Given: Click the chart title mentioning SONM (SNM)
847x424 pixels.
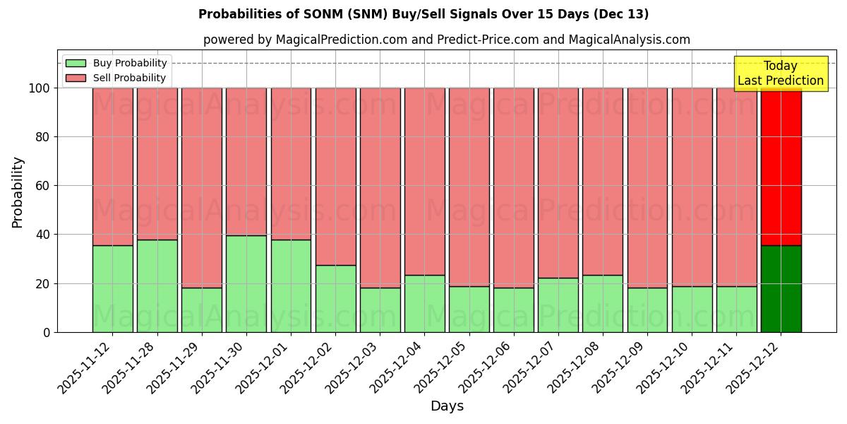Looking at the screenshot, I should coord(423,14).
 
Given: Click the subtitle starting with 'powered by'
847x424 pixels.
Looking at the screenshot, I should coord(446,40).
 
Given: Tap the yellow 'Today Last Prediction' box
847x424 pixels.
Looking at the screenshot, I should coord(780,73).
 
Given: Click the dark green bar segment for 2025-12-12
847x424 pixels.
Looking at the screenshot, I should coord(781,289).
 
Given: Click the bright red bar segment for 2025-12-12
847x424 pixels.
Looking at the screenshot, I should coord(781,167).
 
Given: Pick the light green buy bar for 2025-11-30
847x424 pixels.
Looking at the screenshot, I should coord(246,284).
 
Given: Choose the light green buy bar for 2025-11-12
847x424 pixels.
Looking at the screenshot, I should coord(113,289).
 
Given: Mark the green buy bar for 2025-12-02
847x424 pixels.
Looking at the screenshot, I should coord(335,299).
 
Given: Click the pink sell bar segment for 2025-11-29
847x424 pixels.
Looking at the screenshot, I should coord(202,187).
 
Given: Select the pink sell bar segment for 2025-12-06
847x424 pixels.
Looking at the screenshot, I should coord(513,187).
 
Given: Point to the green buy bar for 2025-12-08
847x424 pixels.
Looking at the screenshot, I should coord(603,304).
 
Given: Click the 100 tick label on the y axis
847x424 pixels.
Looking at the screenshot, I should coord(39,88).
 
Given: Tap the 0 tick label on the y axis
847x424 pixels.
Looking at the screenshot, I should coord(47,332).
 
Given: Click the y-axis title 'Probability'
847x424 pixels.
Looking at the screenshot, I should coord(18,192).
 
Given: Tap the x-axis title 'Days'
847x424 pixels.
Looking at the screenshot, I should coord(446,406).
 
